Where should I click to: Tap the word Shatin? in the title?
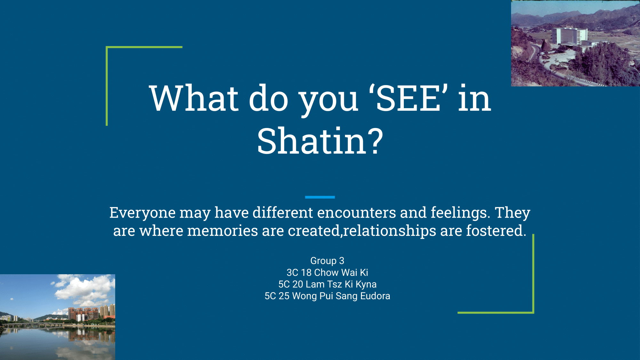(x=320, y=141)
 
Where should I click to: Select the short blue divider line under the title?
(x=320, y=197)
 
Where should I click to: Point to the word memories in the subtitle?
(x=222, y=231)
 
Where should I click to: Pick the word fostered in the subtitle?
(x=496, y=231)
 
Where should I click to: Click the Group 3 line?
(x=327, y=261)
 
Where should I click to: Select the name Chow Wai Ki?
(x=341, y=272)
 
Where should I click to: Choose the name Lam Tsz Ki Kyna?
(x=341, y=284)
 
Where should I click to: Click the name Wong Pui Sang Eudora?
(x=341, y=296)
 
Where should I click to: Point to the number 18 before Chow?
(x=306, y=272)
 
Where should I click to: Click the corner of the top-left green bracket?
(x=107, y=47)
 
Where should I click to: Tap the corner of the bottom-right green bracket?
(x=533, y=313)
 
